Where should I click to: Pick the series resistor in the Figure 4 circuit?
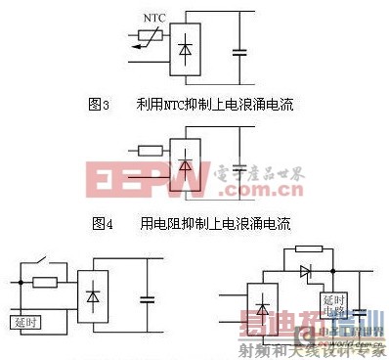pyautogui.click(x=151, y=151)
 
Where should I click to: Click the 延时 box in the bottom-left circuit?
pyautogui.click(x=26, y=320)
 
